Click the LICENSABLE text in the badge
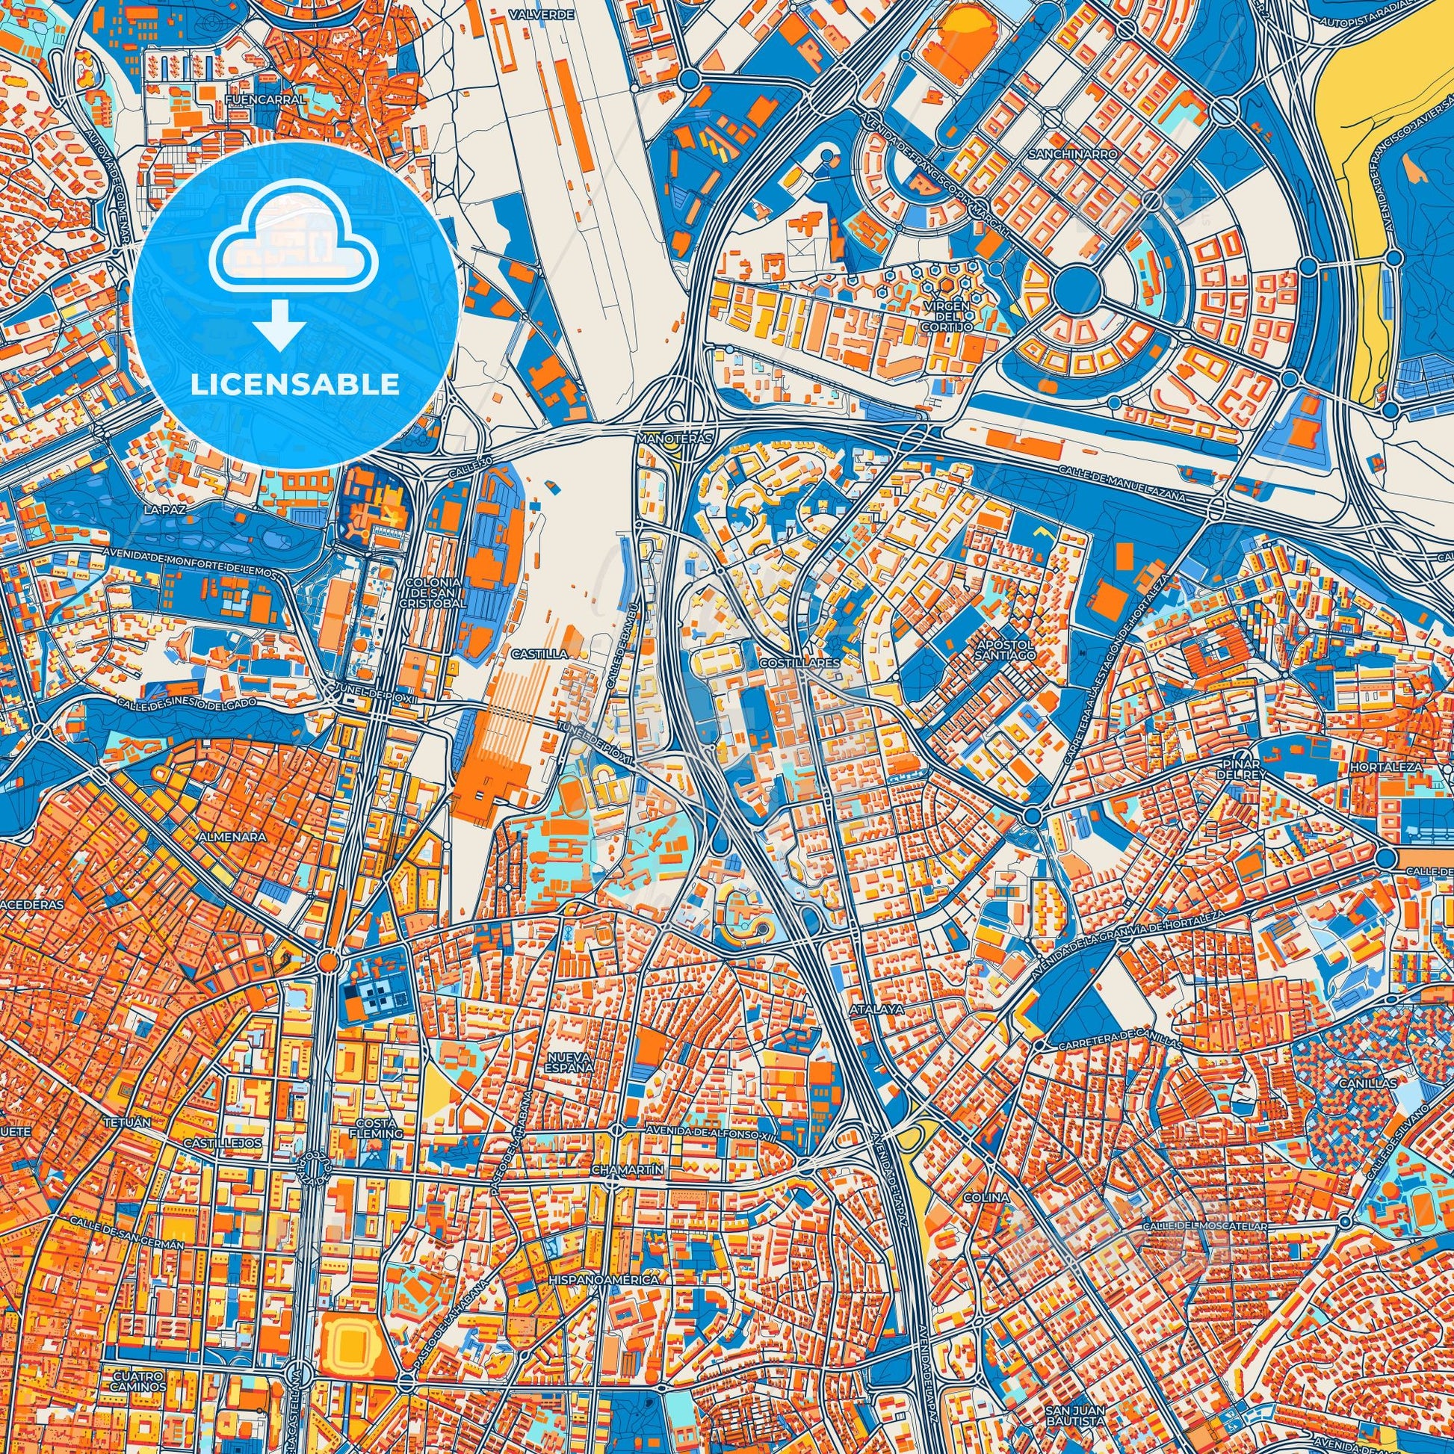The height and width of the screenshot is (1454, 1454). (x=294, y=385)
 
